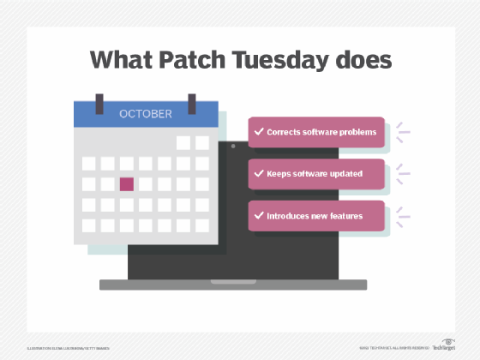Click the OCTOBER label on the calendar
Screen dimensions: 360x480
[x=146, y=113]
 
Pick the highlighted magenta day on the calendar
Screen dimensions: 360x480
[x=126, y=183]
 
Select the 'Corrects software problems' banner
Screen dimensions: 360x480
[x=317, y=132]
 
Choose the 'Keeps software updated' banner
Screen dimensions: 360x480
[x=317, y=173]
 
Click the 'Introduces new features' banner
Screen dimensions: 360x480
[x=317, y=215]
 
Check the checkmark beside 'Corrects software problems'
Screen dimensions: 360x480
[x=258, y=132]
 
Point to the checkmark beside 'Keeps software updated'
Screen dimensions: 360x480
[x=258, y=173]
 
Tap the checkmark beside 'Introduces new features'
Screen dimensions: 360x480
[x=258, y=215]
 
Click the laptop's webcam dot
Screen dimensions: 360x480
[x=232, y=147]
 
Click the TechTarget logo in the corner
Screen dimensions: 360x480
[x=442, y=344]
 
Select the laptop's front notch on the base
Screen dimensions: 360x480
[x=232, y=281]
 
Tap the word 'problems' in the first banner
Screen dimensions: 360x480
[x=356, y=132]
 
